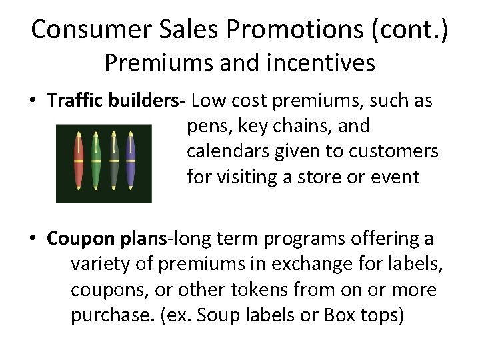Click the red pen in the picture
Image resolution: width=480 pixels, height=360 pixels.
[79, 162]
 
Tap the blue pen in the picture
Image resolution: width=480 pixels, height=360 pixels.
[131, 162]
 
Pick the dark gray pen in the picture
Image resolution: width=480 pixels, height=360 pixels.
[114, 162]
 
